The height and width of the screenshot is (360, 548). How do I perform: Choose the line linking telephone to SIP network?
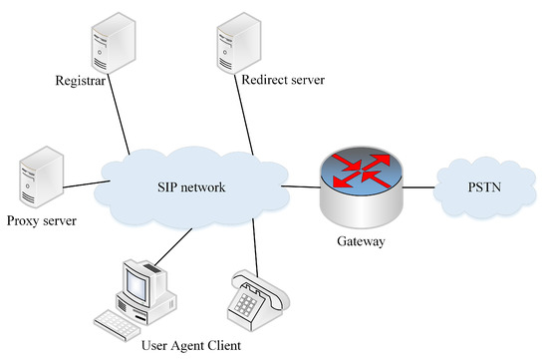coord(256,249)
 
